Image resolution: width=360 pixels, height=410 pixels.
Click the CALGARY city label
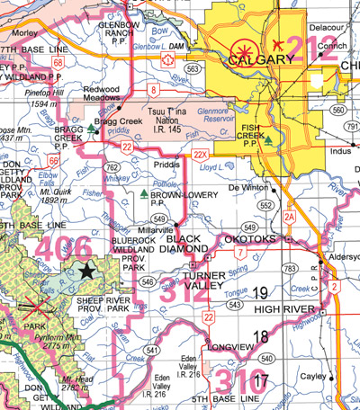[261, 59]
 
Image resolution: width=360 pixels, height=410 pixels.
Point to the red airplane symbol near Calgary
[278, 42]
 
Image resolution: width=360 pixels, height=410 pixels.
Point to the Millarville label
[152, 229]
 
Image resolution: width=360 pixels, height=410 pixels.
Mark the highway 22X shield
[200, 156]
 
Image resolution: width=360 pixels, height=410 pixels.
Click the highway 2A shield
[289, 217]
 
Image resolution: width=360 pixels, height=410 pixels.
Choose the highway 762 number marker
[112, 167]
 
